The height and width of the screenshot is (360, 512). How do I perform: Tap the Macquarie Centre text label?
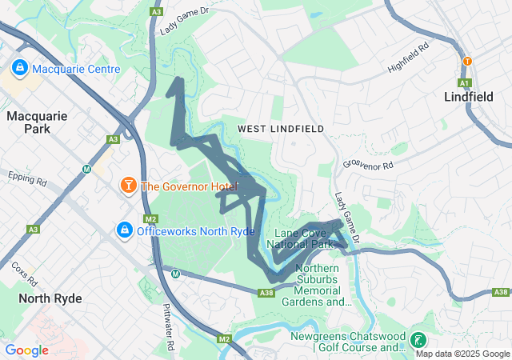pyautogui.click(x=77, y=69)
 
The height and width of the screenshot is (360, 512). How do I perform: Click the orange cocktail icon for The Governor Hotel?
pyautogui.click(x=127, y=186)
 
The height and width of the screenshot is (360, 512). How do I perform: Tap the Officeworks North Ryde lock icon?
pyautogui.click(x=124, y=231)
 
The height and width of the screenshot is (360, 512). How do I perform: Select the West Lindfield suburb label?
pyautogui.click(x=280, y=128)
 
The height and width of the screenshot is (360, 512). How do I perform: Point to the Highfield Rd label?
pyautogui.click(x=408, y=58)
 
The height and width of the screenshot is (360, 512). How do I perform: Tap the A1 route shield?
pyautogui.click(x=464, y=82)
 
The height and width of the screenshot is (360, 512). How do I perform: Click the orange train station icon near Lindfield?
pyautogui.click(x=467, y=61)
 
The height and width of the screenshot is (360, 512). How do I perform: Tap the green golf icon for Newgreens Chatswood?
pyautogui.click(x=417, y=340)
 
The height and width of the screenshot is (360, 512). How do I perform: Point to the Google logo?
pyautogui.click(x=27, y=350)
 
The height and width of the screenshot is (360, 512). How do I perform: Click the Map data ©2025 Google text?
pyautogui.click(x=462, y=354)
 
